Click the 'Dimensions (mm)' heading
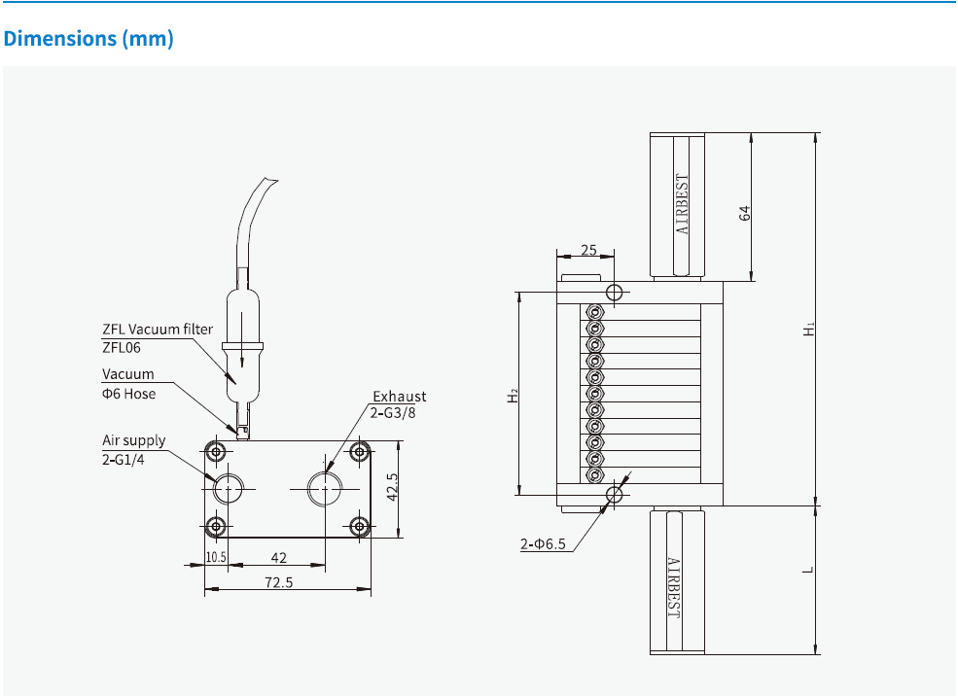89,39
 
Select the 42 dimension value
278,557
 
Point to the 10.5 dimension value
216,557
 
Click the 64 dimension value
745,213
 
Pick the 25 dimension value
588,250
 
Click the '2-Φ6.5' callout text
543,544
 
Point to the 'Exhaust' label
399,397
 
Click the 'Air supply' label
134,440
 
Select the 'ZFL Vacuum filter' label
157,330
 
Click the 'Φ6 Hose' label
128,393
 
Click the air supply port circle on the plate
229,487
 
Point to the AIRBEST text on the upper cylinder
682,205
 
